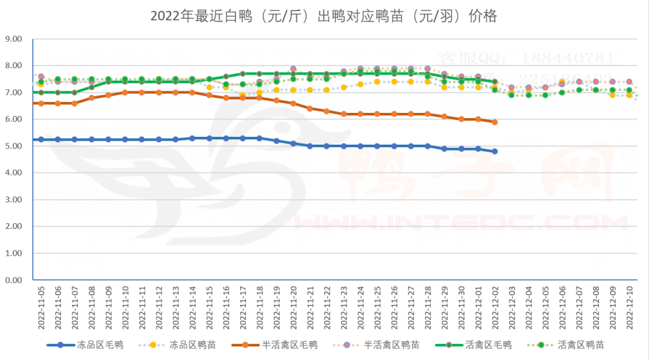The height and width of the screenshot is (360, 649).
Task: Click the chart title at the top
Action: (x=324, y=16)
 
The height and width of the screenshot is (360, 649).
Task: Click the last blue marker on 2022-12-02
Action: (x=495, y=151)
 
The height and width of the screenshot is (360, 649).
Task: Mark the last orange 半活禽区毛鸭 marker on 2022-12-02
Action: (x=495, y=122)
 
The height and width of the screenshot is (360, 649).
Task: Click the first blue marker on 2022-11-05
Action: (x=41, y=139)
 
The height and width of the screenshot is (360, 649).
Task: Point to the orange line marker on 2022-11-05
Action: (x=41, y=103)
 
